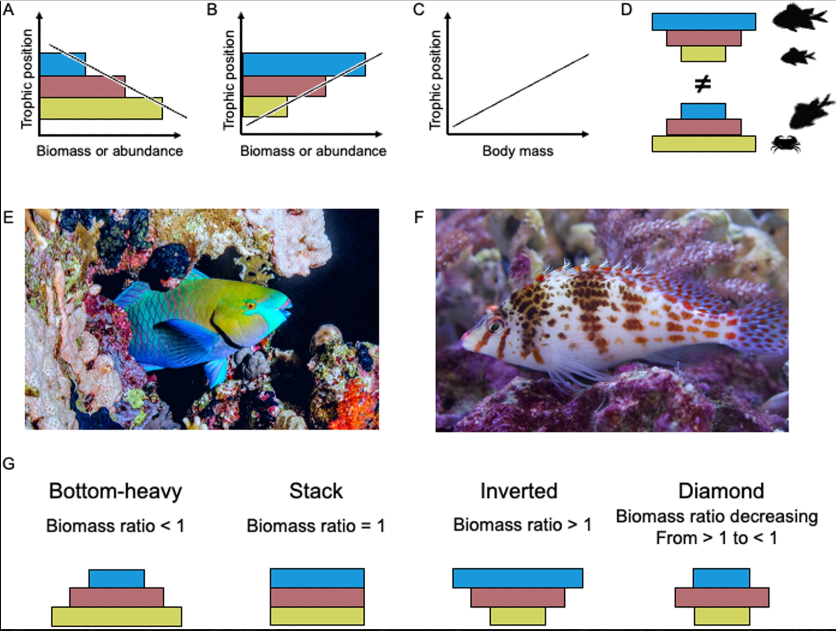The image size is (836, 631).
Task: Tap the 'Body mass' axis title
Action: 517,151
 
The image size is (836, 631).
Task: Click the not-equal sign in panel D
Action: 703,84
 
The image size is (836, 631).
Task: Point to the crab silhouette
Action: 785,144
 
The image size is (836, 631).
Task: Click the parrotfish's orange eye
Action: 251,305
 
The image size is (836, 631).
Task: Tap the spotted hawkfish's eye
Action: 495,325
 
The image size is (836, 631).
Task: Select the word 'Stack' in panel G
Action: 316,491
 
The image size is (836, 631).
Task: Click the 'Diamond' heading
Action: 721,491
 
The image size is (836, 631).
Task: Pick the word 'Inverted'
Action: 519,491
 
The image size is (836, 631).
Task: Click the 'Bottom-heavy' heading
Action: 115,491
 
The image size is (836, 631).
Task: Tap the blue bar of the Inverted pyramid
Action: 517,578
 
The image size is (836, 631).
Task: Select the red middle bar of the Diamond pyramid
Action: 722,597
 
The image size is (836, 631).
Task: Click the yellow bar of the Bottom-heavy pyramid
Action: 117,616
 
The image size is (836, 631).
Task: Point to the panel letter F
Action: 418,217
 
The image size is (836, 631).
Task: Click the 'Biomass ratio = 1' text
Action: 316,526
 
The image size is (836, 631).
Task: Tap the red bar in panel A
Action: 82,87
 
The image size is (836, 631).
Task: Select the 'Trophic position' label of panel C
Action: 436,79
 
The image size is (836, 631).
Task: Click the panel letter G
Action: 8,464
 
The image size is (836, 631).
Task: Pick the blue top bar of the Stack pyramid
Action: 317,578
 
